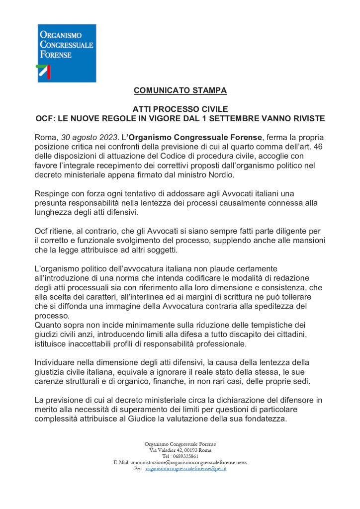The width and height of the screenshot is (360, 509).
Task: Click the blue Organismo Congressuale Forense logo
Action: (x=66, y=53)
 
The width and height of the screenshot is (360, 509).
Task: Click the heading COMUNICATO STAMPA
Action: (x=180, y=90)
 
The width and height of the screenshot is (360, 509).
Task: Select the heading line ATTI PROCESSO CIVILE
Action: (x=180, y=109)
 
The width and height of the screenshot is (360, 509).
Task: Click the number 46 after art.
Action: (x=320, y=146)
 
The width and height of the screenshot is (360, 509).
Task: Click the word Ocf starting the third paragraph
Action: (x=42, y=231)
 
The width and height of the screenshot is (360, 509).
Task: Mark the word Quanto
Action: (x=49, y=324)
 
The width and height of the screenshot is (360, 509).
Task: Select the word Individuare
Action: (x=56, y=361)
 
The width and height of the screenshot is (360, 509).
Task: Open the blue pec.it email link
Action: (x=186, y=468)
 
